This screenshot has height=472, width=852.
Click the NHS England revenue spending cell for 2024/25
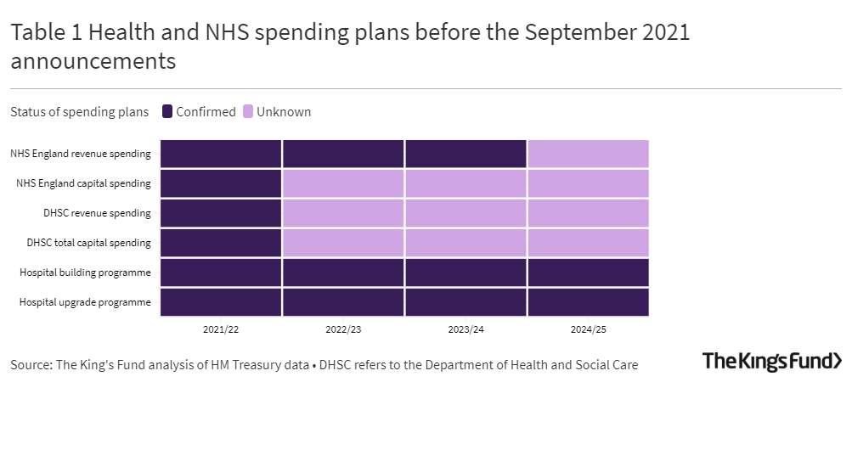coord(588,154)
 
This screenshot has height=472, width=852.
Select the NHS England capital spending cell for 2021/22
coord(221,183)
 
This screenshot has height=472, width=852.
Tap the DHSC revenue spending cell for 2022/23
coord(343,213)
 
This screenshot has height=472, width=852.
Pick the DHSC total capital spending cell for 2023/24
coord(465,243)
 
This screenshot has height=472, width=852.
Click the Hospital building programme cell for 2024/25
coord(588,273)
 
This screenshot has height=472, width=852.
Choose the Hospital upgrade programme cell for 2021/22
coord(221,301)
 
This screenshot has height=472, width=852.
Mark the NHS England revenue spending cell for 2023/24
coord(465,154)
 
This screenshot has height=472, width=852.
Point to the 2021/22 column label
coord(221,328)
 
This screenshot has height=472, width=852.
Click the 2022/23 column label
coord(343,328)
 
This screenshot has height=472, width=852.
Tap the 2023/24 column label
coord(465,328)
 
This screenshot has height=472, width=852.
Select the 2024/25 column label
coord(588,328)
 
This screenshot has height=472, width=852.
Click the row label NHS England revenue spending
coord(81,154)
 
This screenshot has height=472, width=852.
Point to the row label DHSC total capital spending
coord(88,243)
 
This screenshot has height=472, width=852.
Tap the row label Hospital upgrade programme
coord(85,302)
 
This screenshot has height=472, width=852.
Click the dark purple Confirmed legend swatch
coord(167,112)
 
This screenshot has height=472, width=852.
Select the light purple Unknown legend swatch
coord(248,112)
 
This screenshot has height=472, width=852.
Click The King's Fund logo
coord(771,361)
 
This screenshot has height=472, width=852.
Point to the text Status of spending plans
coord(79,112)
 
